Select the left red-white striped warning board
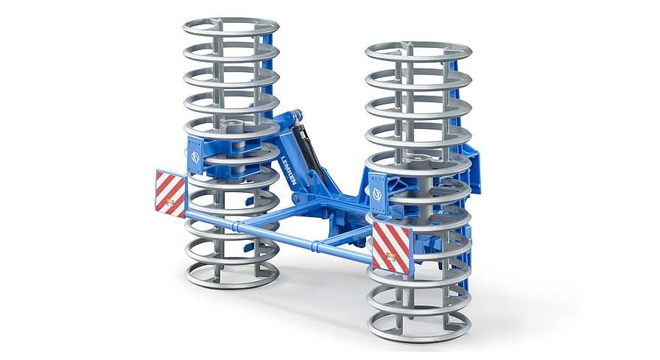point(170,193)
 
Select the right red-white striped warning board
point(391,246)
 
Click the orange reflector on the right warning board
point(392,258)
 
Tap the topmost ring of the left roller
point(231,27)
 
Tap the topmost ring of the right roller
point(418,52)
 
